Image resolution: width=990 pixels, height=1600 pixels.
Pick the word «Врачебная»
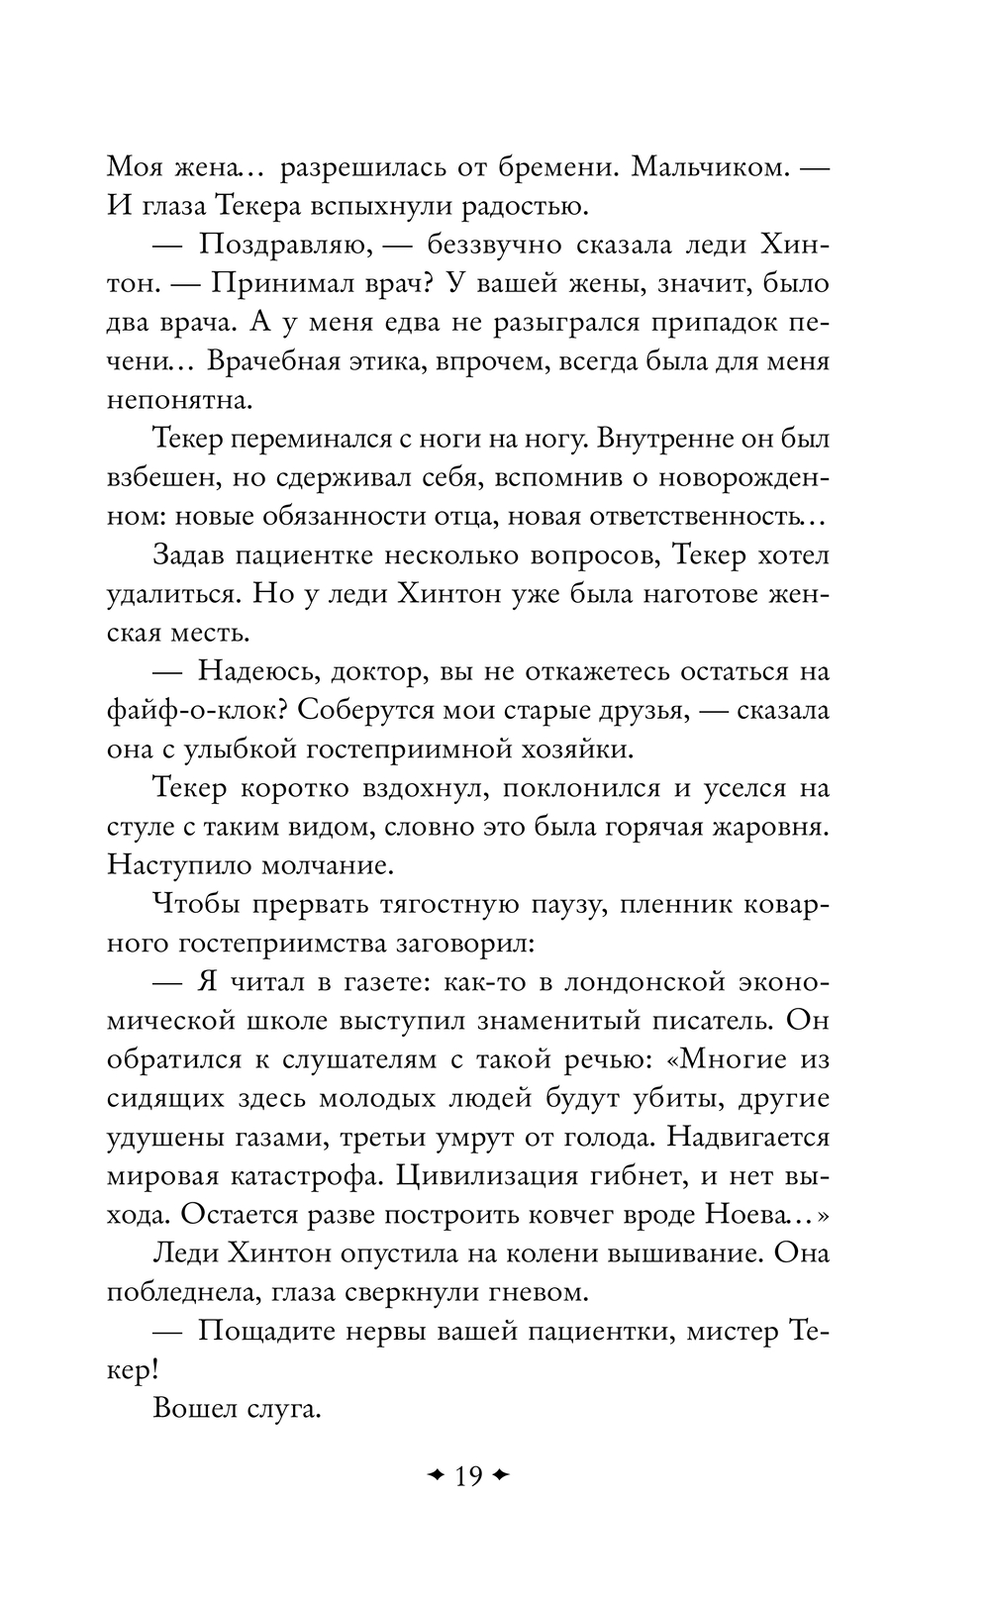(x=280, y=361)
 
